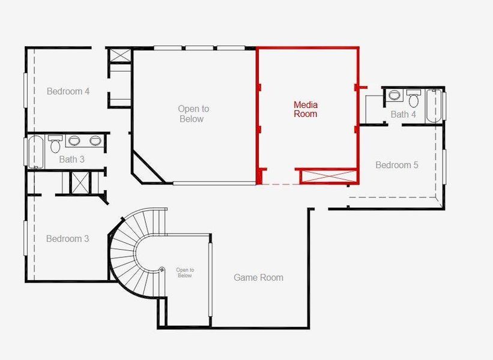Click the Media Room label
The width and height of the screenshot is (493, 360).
coord(305,109)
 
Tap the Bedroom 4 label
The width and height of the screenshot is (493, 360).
coord(68,91)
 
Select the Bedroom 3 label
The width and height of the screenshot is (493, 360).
coord(67,239)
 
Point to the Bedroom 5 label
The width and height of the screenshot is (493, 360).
coord(396,165)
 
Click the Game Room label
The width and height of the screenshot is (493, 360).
coord(258,277)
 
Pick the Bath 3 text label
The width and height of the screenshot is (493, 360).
coord(71,160)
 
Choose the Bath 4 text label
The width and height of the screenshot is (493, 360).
coord(403,115)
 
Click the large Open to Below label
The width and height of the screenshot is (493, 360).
coord(193,113)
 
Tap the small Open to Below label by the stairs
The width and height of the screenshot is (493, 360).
coord(184,272)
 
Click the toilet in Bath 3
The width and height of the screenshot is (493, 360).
coord(55,144)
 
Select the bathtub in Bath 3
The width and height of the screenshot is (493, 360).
coord(35,152)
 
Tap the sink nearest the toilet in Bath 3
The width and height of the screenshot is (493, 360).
coord(74,141)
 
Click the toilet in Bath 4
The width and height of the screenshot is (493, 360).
coord(414,98)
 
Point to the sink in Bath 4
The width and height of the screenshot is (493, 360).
coord(394,95)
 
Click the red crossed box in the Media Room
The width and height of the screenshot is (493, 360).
coord(328,176)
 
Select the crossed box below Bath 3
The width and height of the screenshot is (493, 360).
coord(79,182)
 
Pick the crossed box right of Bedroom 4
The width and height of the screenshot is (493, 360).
coord(119,55)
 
